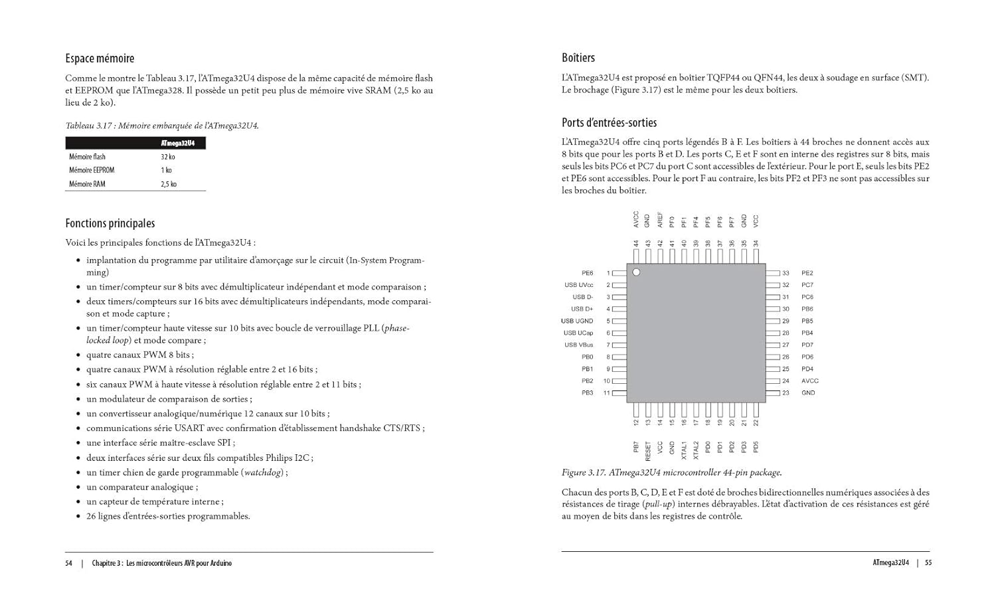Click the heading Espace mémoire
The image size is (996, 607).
[100, 58]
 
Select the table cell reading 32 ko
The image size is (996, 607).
[167, 157]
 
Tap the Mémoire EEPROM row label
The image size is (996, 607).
[92, 170]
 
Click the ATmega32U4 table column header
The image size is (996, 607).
[177, 143]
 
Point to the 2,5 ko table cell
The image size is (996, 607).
[169, 184]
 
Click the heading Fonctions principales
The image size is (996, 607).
[110, 223]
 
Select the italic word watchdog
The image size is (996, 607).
[263, 472]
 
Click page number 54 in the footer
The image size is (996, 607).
[68, 563]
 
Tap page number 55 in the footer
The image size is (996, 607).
[928, 563]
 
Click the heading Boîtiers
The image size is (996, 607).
[578, 58]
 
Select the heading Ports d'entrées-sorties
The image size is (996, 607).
[609, 122]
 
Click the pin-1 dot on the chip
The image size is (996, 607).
[636, 272]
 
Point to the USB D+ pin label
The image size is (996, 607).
[582, 309]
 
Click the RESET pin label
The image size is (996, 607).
[648, 452]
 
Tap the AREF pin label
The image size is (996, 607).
[660, 220]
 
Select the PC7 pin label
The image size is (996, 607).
[807, 285]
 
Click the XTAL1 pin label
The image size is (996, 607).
[684, 450]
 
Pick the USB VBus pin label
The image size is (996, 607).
[578, 345]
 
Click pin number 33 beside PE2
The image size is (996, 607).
[786, 273]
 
